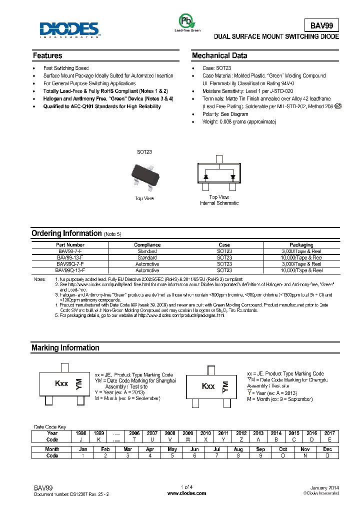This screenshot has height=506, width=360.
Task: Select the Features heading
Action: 47,55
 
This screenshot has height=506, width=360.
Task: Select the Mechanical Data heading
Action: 219,55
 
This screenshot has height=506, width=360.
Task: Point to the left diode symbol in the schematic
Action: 206,177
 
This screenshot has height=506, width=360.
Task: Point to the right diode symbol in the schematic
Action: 232,177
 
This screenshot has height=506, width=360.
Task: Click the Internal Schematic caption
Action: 219,203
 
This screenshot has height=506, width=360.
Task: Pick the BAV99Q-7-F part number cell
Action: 70,263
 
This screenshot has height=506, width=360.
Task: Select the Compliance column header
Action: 147,245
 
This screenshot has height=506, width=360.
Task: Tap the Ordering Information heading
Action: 66,233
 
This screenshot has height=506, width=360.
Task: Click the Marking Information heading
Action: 65,347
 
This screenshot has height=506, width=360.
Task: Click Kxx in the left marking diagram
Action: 61,384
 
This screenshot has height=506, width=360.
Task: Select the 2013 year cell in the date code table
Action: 258,433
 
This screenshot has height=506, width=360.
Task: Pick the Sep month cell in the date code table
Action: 260,449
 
